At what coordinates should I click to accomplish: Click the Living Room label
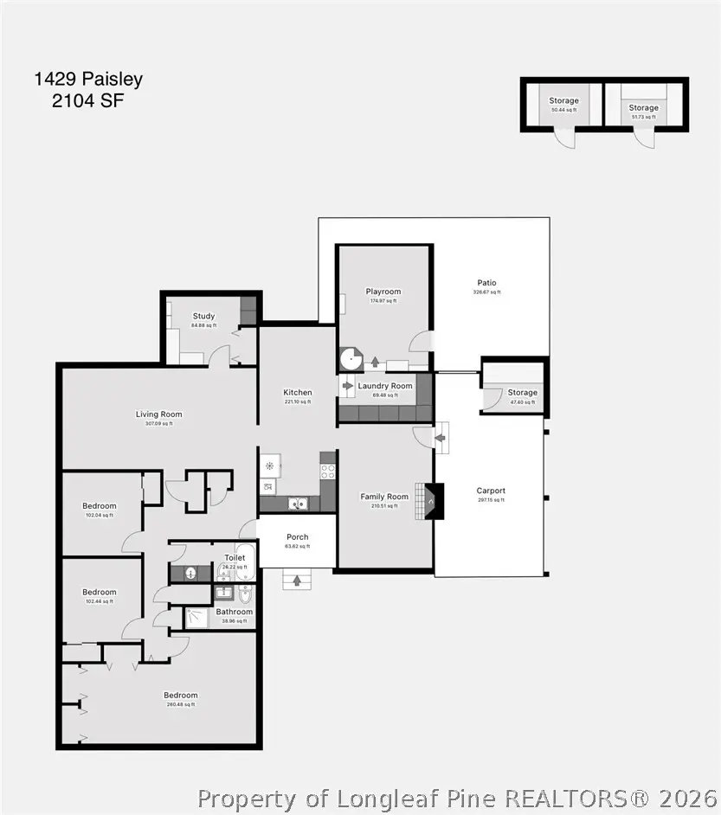tap(158, 414)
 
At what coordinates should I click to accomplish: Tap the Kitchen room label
tap(298, 393)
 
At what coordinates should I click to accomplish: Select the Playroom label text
tap(383, 292)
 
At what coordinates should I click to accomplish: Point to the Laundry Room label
tap(385, 386)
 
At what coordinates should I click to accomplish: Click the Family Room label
tap(384, 497)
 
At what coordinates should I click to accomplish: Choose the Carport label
tap(491, 491)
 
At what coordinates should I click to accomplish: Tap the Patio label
tap(486, 283)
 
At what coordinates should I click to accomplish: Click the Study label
tap(203, 317)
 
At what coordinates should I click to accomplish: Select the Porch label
tap(297, 537)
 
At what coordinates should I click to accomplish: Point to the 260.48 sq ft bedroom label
tap(181, 696)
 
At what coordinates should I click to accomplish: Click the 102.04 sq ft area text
tap(100, 515)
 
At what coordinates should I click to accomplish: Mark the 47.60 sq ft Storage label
tap(522, 393)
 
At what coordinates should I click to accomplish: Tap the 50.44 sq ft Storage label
tap(563, 101)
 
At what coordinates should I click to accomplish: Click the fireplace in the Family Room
tap(430, 501)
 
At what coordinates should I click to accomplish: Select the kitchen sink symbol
tap(298, 503)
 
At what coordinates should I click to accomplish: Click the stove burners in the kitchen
tap(328, 472)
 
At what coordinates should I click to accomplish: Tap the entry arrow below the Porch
tap(297, 581)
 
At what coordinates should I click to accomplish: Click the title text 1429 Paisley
tap(88, 80)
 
